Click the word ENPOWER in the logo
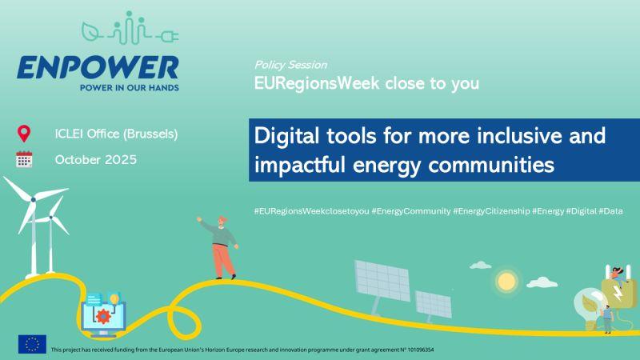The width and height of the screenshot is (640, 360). (x=98, y=67)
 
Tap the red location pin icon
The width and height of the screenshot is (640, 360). (x=24, y=134)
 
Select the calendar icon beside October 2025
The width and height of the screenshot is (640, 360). (x=24, y=159)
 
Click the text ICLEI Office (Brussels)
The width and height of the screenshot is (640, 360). (x=116, y=134)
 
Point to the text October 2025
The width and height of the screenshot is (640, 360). (x=96, y=159)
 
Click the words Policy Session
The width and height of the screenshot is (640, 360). (x=290, y=65)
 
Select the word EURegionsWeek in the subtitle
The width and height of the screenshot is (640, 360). (x=317, y=83)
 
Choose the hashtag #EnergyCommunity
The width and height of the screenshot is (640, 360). (x=411, y=211)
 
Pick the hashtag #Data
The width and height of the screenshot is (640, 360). (x=610, y=211)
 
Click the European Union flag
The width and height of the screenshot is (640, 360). (x=32, y=344)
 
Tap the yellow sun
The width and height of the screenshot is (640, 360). (x=506, y=282)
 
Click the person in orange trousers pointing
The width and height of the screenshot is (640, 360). (x=219, y=247)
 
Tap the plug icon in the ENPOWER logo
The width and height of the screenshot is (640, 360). (x=167, y=37)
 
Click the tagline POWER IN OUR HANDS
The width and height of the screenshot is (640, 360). (x=130, y=88)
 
